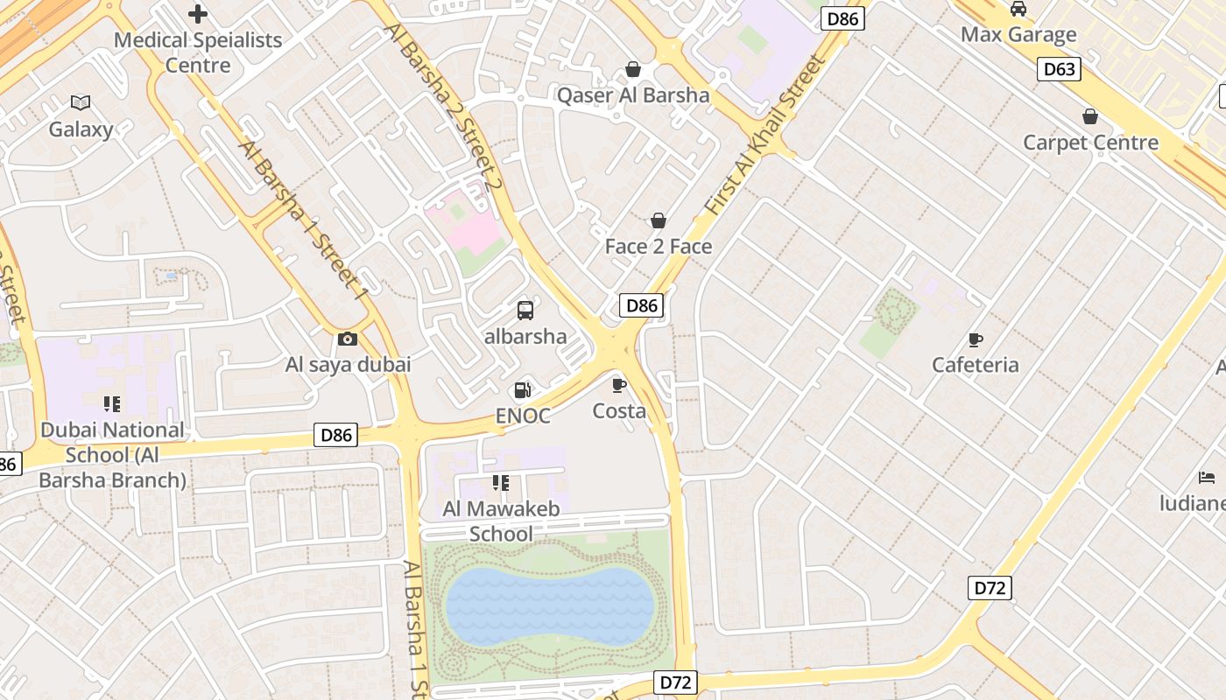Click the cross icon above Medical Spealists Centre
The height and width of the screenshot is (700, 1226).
[198, 14]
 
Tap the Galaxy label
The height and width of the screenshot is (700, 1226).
[81, 129]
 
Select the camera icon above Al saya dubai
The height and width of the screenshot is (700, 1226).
[348, 339]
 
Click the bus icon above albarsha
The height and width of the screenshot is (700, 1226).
[525, 310]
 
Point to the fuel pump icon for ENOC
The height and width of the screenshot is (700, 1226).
[523, 390]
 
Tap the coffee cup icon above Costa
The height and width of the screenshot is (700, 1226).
[619, 385]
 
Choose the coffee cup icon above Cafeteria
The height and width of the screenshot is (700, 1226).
[976, 339]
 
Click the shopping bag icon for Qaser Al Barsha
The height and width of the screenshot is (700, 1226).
[633, 69]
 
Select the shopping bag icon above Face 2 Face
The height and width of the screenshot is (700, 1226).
[659, 220]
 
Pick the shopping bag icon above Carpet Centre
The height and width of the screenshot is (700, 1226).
[1090, 116]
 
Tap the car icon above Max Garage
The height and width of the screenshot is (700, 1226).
[1018, 9]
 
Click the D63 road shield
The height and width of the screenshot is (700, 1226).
[1059, 69]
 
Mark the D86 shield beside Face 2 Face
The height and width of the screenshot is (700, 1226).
[642, 305]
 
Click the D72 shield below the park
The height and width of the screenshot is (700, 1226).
[676, 682]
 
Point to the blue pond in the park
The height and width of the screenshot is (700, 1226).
[550, 607]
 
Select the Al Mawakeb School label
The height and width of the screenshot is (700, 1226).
[501, 521]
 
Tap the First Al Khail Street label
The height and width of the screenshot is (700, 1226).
[765, 136]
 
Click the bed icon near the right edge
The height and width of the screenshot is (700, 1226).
[1207, 478]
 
